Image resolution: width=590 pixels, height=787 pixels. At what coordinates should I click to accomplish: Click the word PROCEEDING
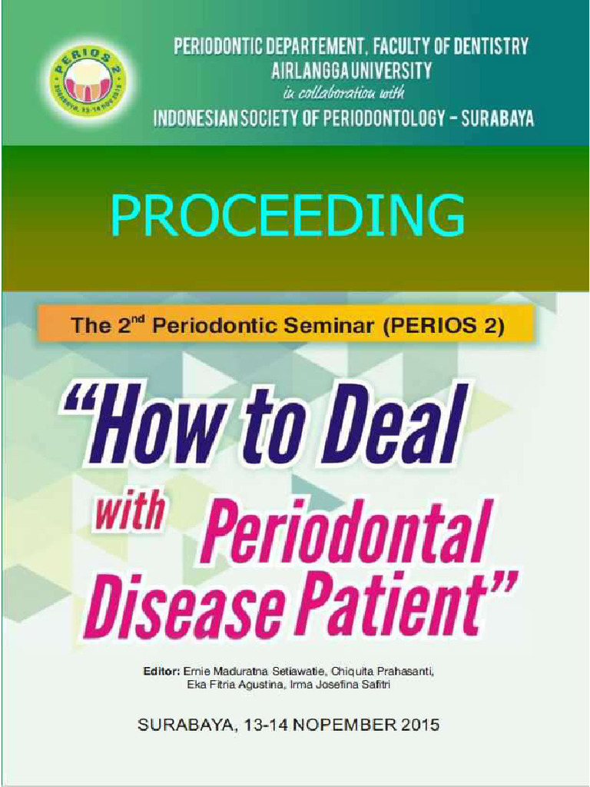pyautogui.click(x=287, y=215)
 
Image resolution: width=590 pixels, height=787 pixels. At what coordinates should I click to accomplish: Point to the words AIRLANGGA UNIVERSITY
pyautogui.click(x=351, y=71)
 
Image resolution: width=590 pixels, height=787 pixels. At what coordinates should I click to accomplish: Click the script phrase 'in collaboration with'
pyautogui.click(x=343, y=94)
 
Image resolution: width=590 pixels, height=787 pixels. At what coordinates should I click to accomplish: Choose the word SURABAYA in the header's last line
pyautogui.click(x=495, y=118)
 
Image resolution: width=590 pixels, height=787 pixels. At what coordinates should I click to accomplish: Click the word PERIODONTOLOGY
pyautogui.click(x=374, y=118)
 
